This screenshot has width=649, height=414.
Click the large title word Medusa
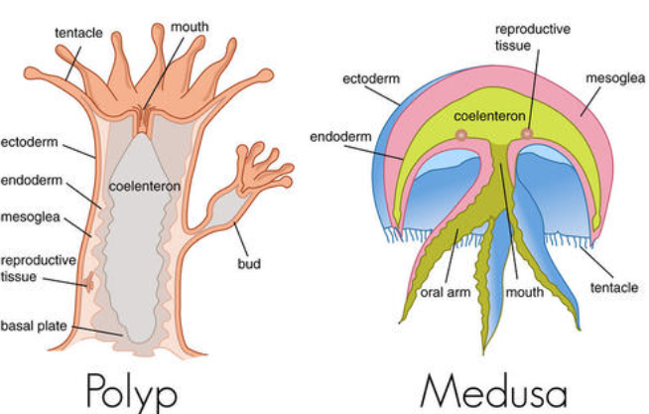point(491,386)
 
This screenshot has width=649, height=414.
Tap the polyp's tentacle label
point(77,33)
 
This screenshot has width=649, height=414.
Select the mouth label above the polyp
point(190,22)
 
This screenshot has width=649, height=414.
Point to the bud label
point(249,264)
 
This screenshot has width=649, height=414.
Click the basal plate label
point(31,325)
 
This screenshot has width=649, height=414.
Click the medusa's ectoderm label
point(369,76)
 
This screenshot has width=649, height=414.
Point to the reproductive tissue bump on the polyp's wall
point(90,283)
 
